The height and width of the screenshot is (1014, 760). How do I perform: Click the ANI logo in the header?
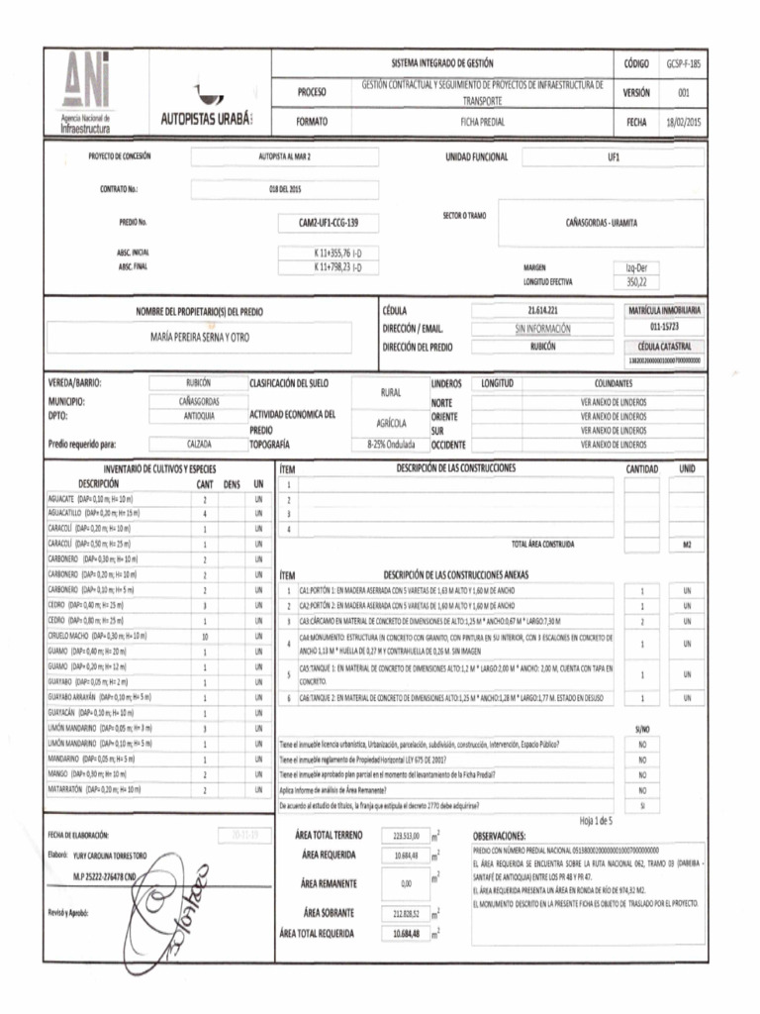[x=87, y=89]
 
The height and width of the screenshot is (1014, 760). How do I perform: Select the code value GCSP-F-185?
[x=683, y=63]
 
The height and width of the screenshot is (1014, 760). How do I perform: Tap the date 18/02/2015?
[x=683, y=122]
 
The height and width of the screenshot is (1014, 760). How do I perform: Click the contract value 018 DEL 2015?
[x=284, y=189]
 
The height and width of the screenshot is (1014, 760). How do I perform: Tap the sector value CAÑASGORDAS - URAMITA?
[x=601, y=223]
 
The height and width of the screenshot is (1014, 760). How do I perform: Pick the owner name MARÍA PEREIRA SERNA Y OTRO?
[x=200, y=338]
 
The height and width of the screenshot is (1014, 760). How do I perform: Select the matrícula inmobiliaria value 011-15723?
[x=664, y=326]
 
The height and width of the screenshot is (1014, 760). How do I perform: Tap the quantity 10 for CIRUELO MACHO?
[x=205, y=636]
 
